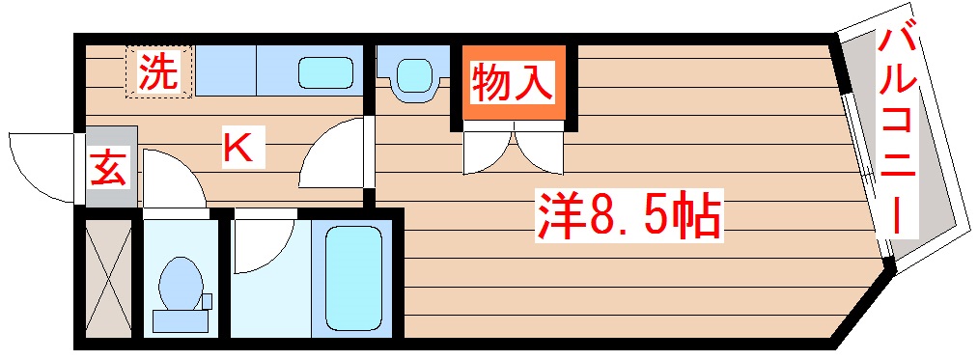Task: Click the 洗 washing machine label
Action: pos(158,72)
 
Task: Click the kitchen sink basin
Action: pos(324,71)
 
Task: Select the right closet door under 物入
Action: pos(539,150)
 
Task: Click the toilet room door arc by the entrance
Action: pos(172,179)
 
